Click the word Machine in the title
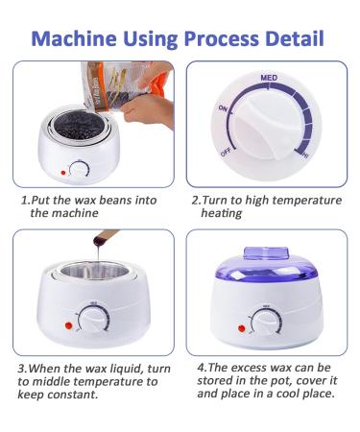[74, 38]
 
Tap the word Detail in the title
[295, 38]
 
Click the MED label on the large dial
[269, 78]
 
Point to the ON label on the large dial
[223, 108]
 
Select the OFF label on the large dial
[226, 153]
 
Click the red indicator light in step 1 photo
[63, 173]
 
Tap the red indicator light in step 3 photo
[68, 325]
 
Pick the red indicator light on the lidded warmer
[242, 328]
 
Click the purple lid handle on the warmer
[266, 252]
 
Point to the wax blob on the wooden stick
[99, 241]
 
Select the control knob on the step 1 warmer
[80, 169]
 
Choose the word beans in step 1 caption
[114, 201]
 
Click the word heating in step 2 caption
[222, 213]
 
